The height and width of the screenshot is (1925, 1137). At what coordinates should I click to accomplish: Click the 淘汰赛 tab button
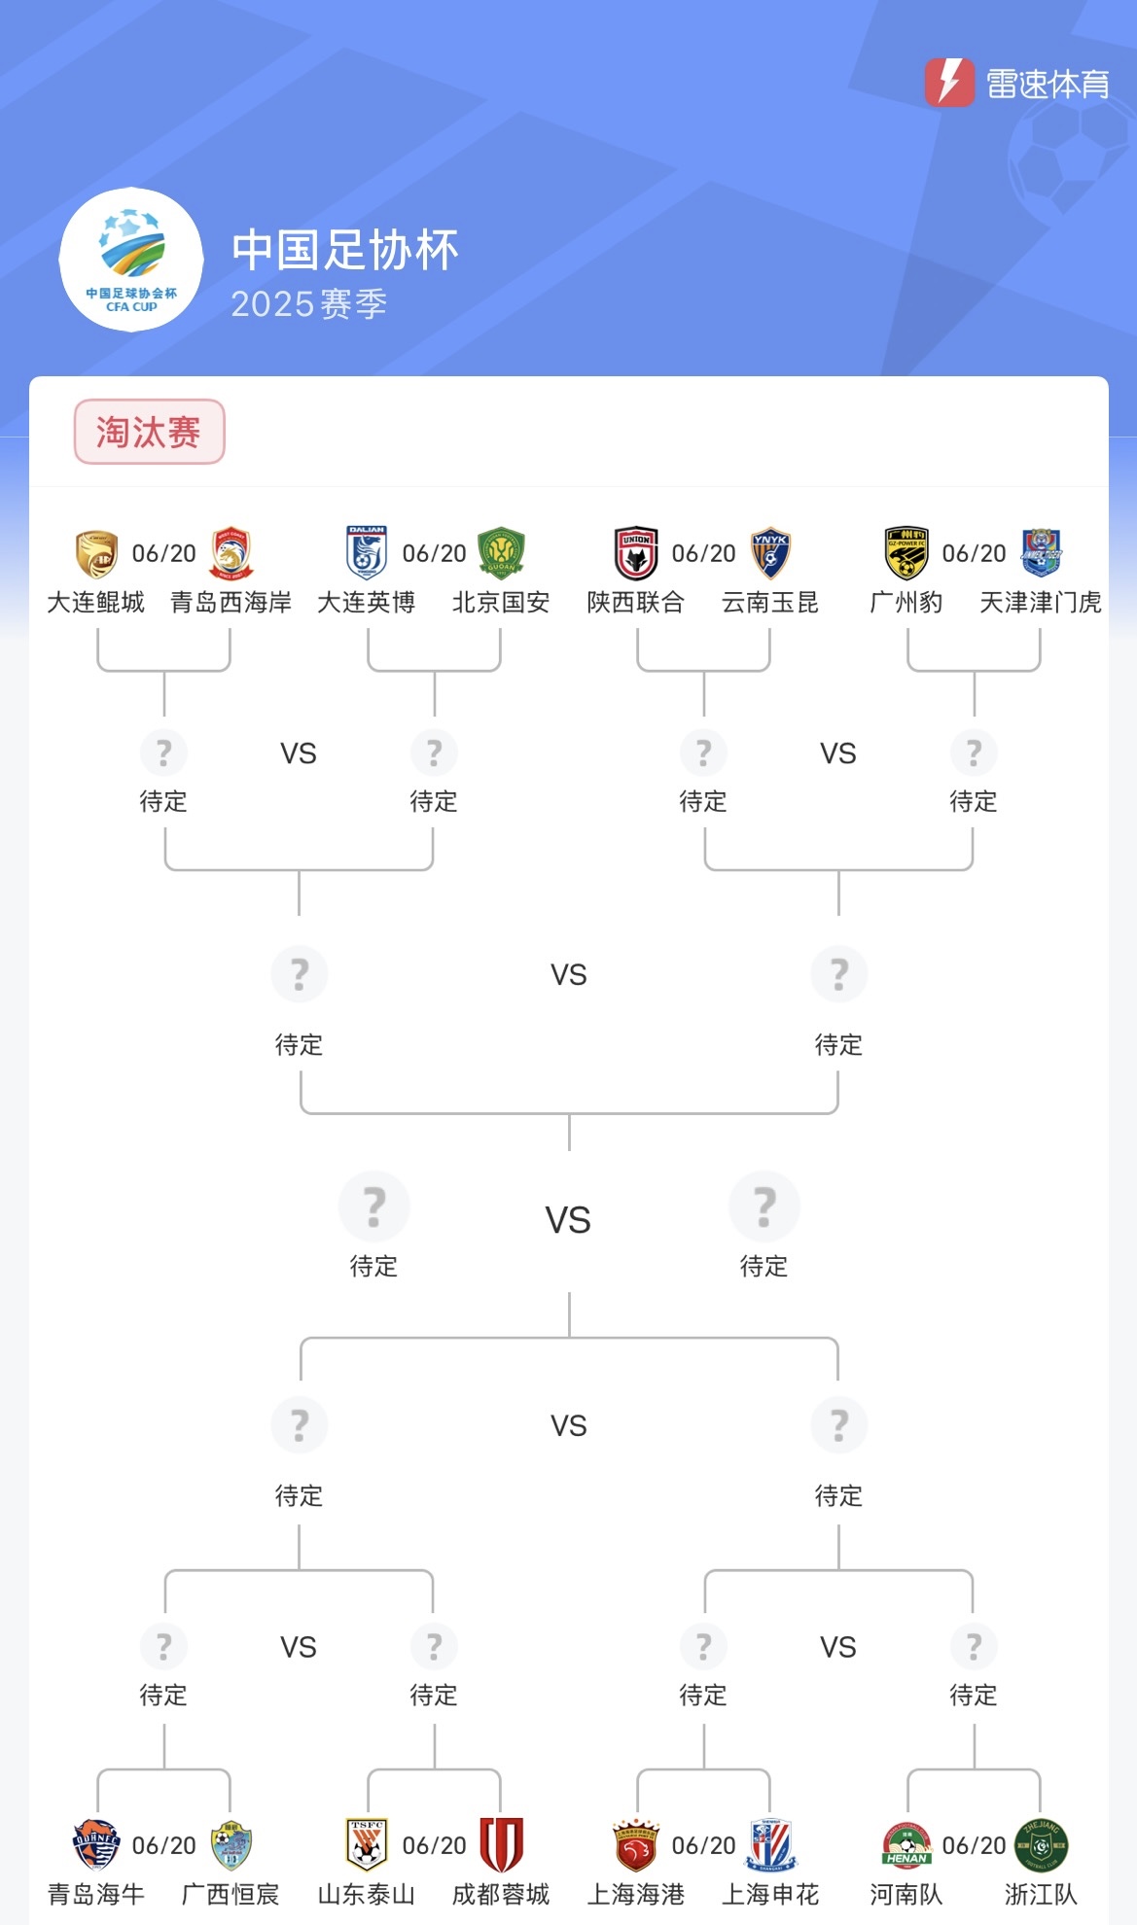click(x=149, y=432)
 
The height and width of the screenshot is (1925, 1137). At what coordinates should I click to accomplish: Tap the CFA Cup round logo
click(x=131, y=260)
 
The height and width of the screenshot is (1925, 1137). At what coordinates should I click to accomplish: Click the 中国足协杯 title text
click(x=345, y=250)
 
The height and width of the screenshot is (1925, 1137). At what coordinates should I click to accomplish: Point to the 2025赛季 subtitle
click(x=309, y=304)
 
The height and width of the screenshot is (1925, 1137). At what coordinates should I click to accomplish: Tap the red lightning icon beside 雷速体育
click(x=948, y=83)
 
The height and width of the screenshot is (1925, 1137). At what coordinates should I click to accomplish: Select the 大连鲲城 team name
click(x=96, y=603)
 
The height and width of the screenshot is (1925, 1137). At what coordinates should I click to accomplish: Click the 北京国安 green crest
click(x=501, y=553)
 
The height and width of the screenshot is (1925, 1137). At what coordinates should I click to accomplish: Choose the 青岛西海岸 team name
click(x=231, y=603)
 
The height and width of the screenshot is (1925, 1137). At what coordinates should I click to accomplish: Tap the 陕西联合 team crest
click(x=636, y=553)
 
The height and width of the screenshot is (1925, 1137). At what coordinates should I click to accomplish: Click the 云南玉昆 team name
click(x=770, y=603)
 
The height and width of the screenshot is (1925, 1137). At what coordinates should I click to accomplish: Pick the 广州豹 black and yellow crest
click(x=906, y=553)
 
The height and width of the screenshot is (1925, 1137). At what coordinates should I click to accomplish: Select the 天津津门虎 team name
click(x=1041, y=603)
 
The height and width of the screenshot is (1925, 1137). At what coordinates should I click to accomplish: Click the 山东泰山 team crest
click(x=367, y=1844)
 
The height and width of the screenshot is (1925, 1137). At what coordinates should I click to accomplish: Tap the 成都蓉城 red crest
click(x=501, y=1844)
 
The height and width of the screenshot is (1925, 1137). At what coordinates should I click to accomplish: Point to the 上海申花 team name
click(x=770, y=1894)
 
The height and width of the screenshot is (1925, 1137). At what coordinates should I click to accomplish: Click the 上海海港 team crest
click(x=636, y=1844)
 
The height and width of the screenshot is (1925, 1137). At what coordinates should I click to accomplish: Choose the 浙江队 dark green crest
click(x=1041, y=1844)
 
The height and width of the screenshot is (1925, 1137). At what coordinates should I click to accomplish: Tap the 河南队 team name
click(x=906, y=1894)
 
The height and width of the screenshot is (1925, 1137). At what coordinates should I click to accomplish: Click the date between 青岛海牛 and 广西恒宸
click(x=164, y=1845)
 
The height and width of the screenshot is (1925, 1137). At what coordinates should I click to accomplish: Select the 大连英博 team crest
click(x=367, y=553)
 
